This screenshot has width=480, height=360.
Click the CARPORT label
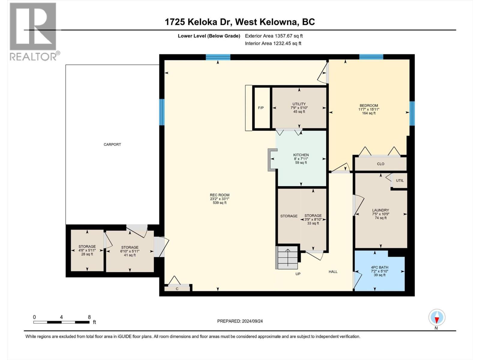112,144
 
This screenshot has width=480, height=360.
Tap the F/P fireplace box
261,108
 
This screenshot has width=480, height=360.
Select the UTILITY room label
299,104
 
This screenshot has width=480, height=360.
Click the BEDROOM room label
369,106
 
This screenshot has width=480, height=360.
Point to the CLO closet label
380,164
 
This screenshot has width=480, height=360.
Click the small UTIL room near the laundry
400,181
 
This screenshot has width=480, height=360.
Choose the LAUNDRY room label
380,210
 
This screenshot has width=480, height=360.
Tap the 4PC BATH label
379,267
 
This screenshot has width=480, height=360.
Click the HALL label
333,272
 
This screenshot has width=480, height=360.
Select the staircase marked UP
287,257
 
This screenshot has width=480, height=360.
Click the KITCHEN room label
301,155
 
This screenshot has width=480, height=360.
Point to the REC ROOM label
220,195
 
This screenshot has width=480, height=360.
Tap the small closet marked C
177,289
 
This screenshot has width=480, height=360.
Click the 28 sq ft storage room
87,250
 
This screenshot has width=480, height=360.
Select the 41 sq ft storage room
130,251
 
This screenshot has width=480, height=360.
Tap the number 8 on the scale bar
89,317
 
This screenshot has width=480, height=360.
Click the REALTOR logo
33,31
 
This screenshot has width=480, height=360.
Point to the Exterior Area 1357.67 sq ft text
274,36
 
